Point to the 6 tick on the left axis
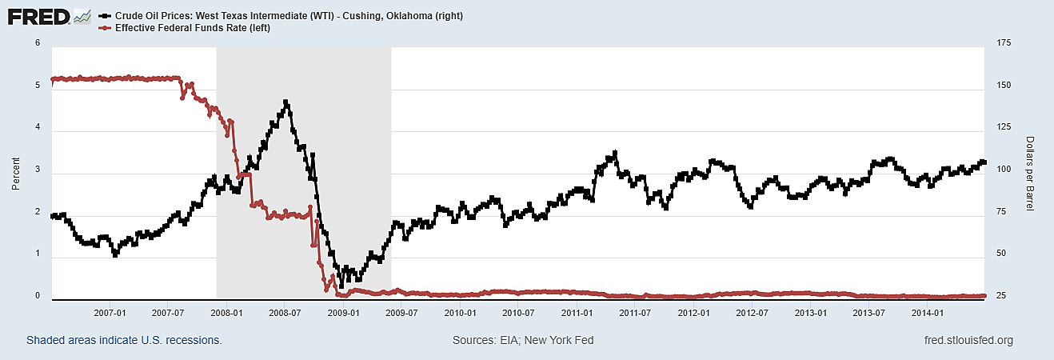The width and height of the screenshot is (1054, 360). pyautogui.click(x=38, y=43)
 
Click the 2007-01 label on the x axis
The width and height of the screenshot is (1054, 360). pyautogui.click(x=110, y=312)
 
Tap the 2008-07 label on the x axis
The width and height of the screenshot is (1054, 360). pyautogui.click(x=285, y=312)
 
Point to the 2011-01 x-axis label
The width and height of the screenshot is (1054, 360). pyautogui.click(x=577, y=312)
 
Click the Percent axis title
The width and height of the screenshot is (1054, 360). pyautogui.click(x=16, y=171)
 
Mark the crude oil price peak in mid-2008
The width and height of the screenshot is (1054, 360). pyautogui.click(x=285, y=102)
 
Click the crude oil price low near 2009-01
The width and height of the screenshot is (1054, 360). pyautogui.click(x=341, y=285)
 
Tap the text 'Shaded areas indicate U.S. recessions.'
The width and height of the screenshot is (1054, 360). pyautogui.click(x=124, y=340)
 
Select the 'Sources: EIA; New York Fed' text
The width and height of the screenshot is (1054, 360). pyautogui.click(x=523, y=340)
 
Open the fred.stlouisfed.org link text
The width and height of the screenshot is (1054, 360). pyautogui.click(x=968, y=340)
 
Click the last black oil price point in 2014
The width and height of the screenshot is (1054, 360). pyautogui.click(x=984, y=162)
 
